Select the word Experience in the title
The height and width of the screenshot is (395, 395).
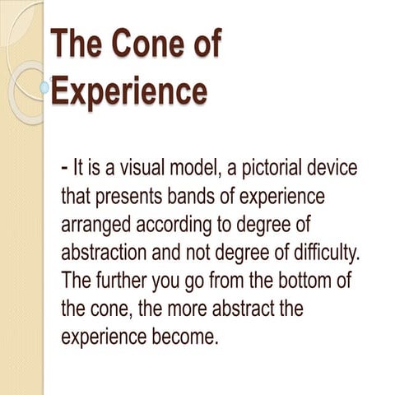128,91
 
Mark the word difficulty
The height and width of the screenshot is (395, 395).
320,253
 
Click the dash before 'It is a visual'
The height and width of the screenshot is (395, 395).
64,169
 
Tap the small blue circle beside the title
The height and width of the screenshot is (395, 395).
44,86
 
